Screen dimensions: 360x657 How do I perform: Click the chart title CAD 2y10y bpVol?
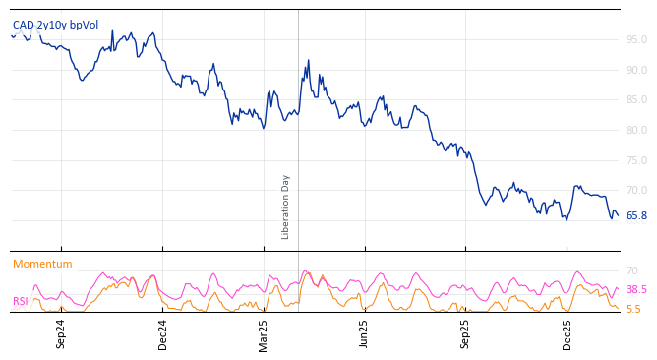click(55, 25)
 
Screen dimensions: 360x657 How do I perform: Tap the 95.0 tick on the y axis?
click(636, 40)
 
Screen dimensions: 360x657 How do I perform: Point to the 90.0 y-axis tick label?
click(636, 71)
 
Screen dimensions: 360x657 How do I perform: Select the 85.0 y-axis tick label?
click(636, 100)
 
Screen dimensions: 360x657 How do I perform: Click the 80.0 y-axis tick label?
click(636, 131)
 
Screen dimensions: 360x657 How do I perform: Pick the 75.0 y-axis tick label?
click(636, 161)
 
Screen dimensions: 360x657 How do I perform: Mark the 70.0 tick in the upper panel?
click(636, 191)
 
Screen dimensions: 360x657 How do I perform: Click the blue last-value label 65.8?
click(636, 216)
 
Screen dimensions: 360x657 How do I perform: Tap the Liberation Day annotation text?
click(286, 207)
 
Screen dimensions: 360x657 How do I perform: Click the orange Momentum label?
click(42, 265)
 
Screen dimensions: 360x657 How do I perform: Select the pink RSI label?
click(20, 302)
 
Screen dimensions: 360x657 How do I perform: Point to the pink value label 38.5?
click(636, 290)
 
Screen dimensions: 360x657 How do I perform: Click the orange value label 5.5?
click(633, 309)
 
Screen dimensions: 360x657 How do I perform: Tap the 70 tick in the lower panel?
click(632, 271)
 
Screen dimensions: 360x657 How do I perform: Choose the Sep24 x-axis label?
click(61, 333)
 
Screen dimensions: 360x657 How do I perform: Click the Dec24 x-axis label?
click(163, 333)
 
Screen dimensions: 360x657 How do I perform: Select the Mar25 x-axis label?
click(264, 333)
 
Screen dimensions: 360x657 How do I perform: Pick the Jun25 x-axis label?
click(364, 333)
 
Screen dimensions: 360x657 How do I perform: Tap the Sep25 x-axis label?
click(465, 333)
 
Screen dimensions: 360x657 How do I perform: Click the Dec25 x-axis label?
click(567, 333)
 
